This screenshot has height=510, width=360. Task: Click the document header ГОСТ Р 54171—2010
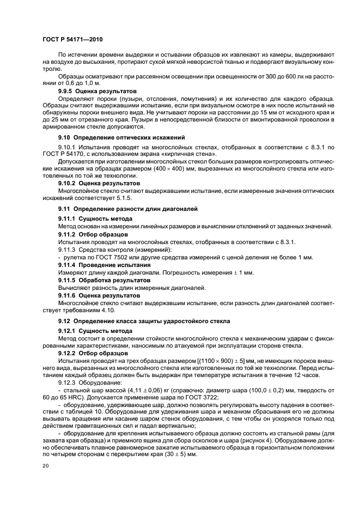click(73, 40)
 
